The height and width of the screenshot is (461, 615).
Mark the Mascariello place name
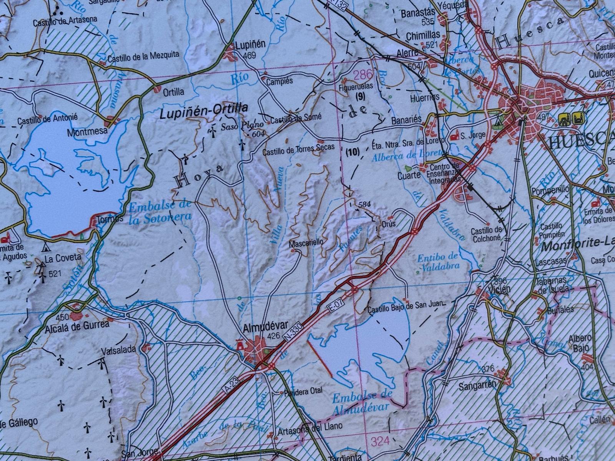pyautogui.click(x=306, y=242)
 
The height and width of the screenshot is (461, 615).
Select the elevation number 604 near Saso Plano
pyautogui.click(x=259, y=134)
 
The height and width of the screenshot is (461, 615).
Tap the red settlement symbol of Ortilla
pyautogui.click(x=157, y=90)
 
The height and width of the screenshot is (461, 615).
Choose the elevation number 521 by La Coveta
pyautogui.click(x=55, y=274)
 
